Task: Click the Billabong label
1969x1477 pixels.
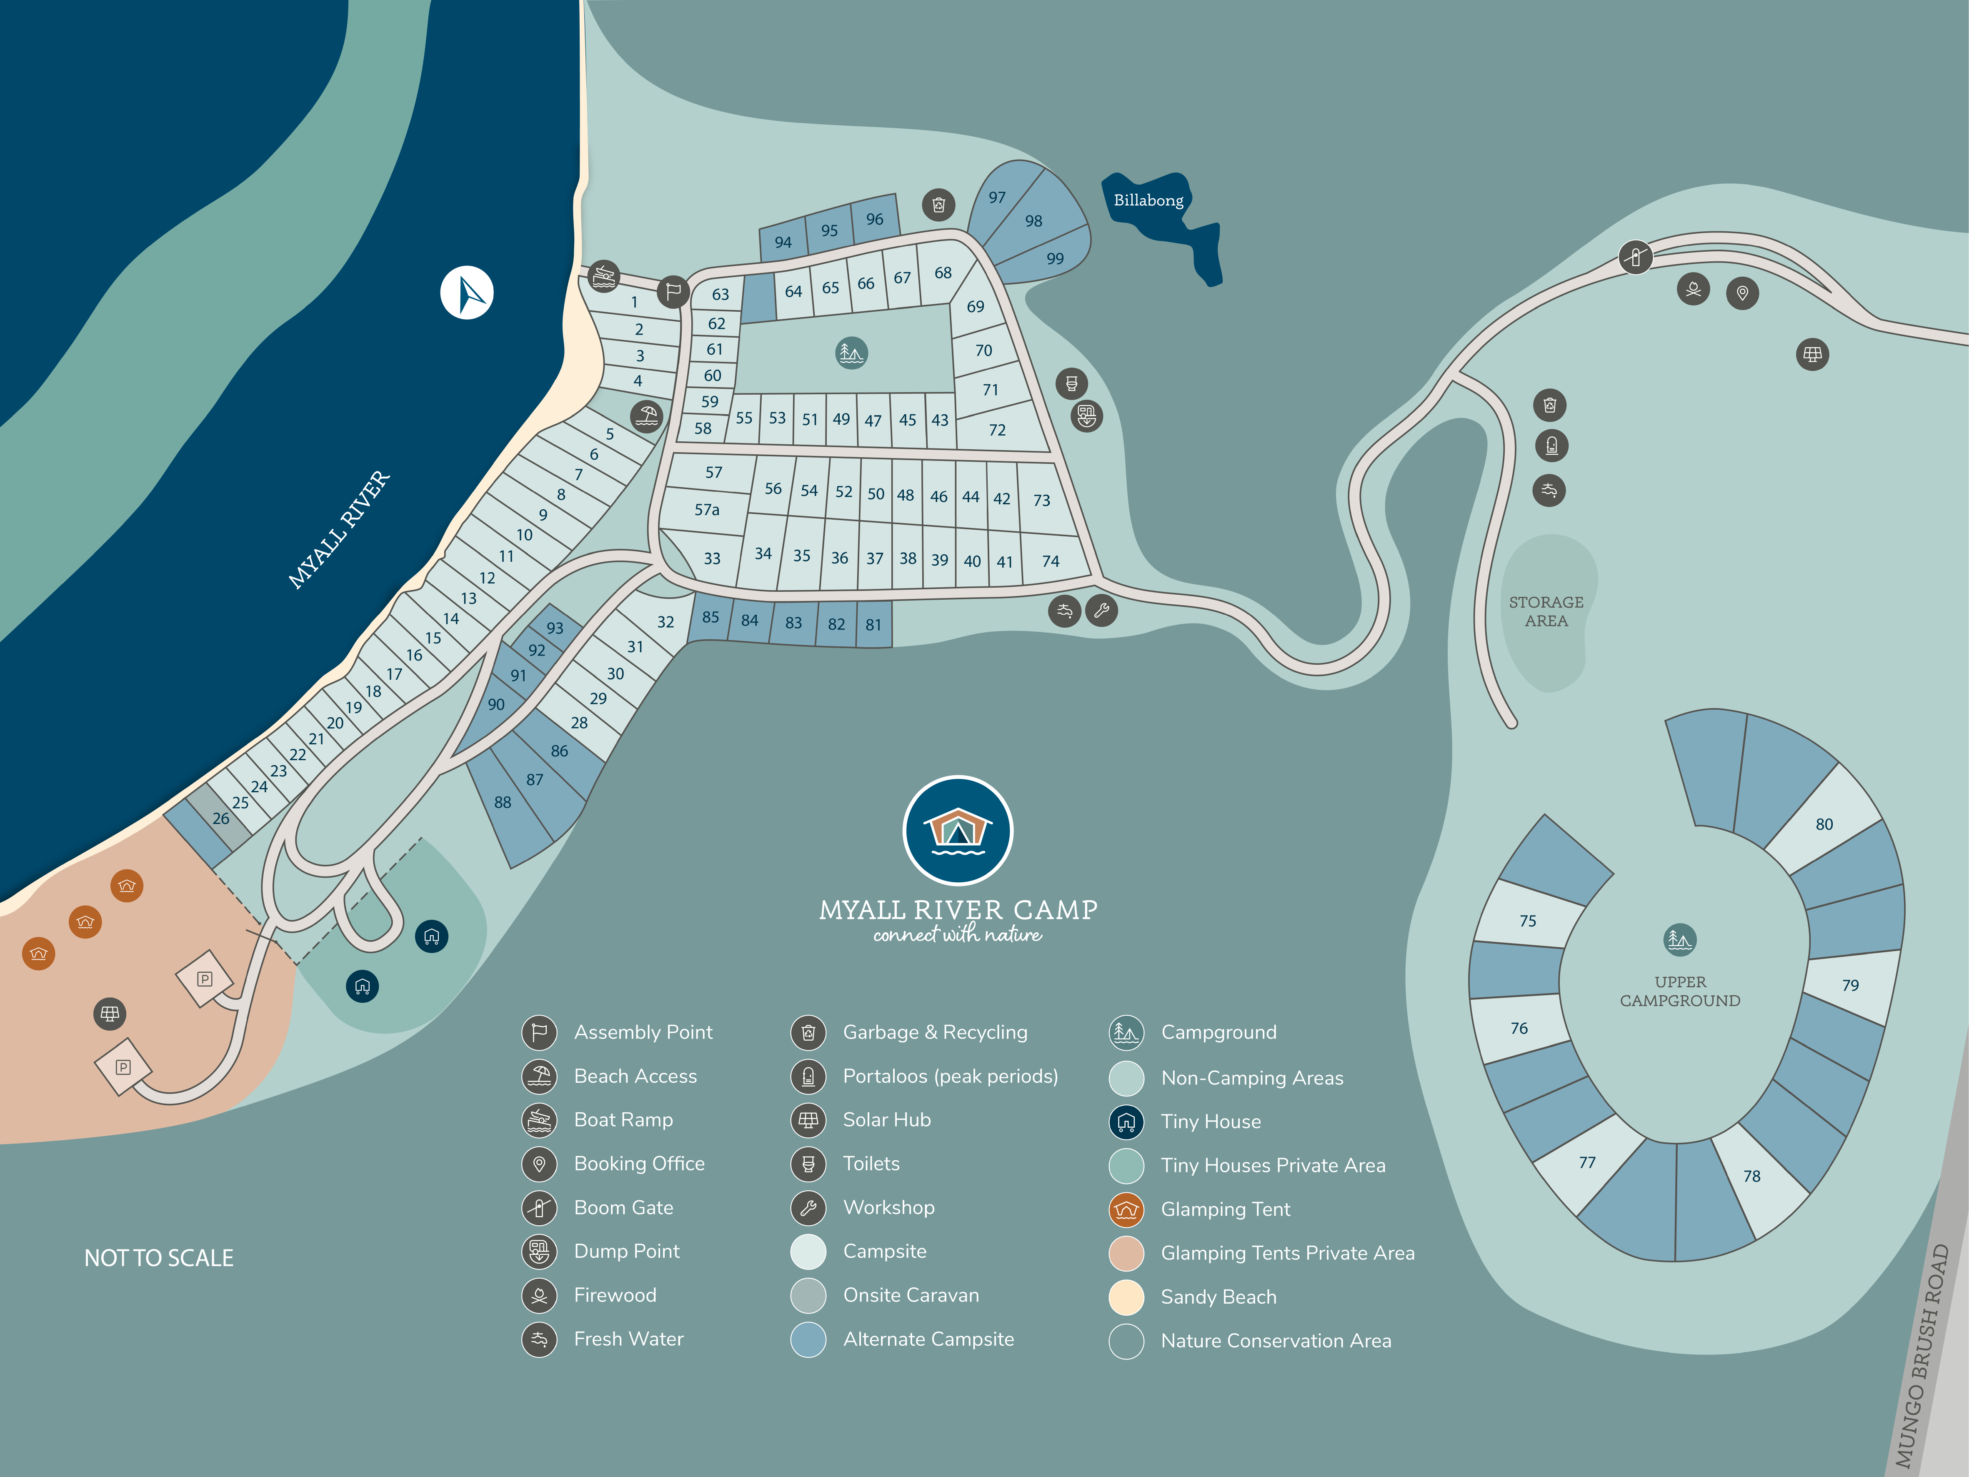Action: coord(1148,200)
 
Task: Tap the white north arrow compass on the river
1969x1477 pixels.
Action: coord(466,292)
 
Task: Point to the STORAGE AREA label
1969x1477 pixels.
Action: coord(1546,612)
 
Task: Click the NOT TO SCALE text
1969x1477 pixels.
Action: coord(158,1258)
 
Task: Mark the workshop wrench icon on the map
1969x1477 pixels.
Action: coord(1101,611)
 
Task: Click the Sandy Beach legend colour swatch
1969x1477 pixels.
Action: coord(1126,1297)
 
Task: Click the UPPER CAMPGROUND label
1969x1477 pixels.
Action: coord(1680,991)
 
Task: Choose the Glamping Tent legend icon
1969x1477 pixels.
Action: coord(1126,1209)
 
